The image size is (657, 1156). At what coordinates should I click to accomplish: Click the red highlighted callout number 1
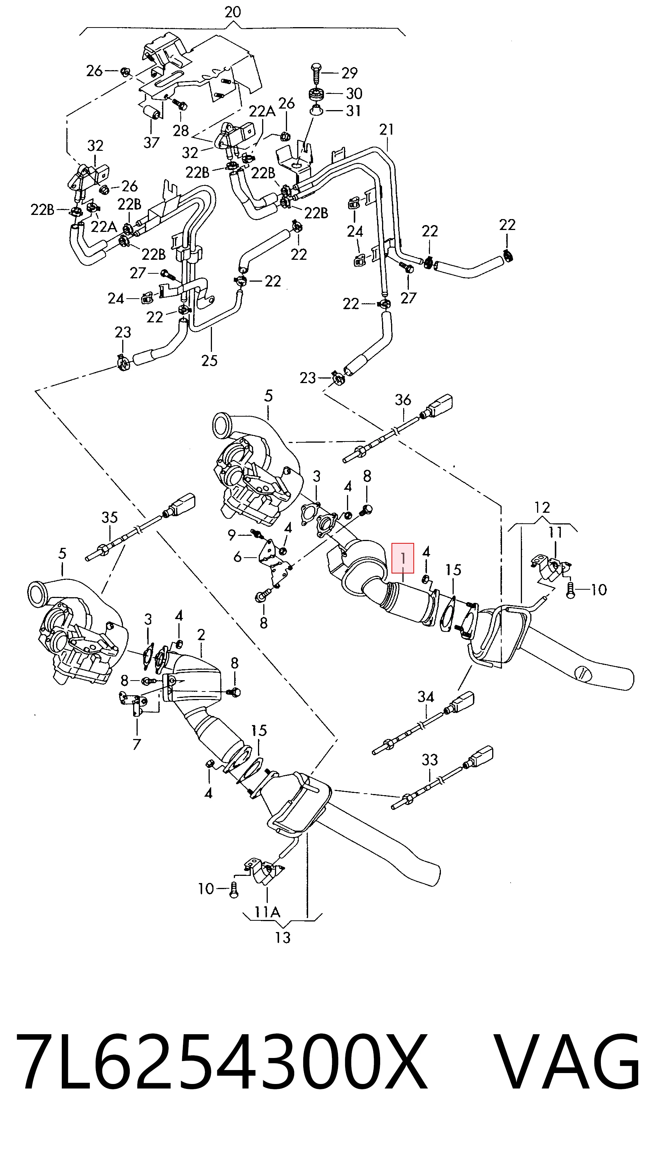click(x=402, y=558)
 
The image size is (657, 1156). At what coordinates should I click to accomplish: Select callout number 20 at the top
click(x=233, y=12)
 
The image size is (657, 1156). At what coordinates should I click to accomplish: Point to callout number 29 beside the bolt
click(x=349, y=73)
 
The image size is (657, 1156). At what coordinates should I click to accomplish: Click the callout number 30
click(x=354, y=94)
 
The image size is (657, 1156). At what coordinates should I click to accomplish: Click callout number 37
click(x=152, y=143)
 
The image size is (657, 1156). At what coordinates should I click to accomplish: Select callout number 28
click(x=181, y=131)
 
